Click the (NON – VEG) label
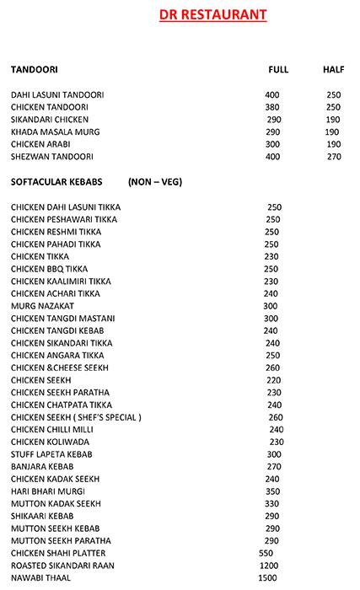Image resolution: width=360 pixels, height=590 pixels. (155, 181)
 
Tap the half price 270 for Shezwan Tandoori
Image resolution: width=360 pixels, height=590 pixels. (333, 157)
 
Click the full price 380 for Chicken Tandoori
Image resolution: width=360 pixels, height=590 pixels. (271, 107)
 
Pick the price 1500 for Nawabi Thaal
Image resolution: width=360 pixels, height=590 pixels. (267, 577)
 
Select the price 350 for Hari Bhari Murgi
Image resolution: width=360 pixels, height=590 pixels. (272, 491)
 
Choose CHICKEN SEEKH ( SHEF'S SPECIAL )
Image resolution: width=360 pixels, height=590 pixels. (76, 416)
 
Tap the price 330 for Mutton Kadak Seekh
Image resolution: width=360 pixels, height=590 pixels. (271, 503)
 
